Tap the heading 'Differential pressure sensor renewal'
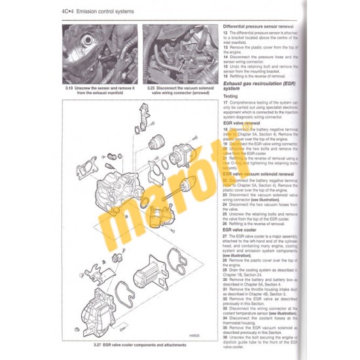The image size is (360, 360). coord(259,26)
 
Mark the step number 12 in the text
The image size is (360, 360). coord(225,31)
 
